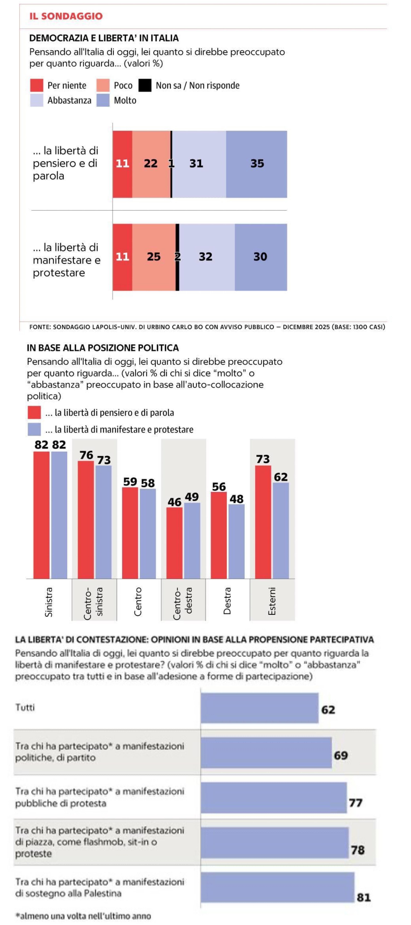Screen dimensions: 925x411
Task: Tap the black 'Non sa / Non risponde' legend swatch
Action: pos(145,86)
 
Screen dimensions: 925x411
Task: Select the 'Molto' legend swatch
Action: pos(103,100)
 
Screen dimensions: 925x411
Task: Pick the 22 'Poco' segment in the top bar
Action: pos(151,164)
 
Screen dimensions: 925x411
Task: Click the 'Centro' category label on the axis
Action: pos(138,602)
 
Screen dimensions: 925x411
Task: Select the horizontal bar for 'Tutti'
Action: pos(259,708)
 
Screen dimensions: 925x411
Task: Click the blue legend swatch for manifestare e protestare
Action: pos(34,429)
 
